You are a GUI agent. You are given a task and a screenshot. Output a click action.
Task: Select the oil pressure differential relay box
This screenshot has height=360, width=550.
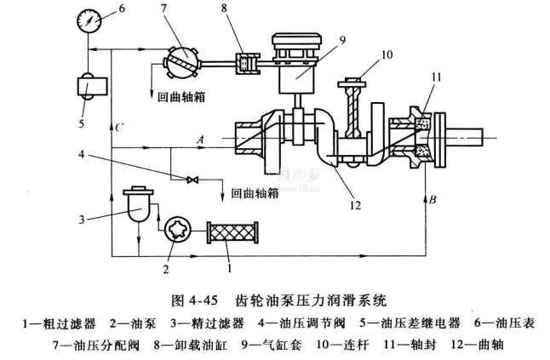(x=88, y=87)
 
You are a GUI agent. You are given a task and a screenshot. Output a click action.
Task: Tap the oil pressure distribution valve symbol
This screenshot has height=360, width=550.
(x=181, y=60)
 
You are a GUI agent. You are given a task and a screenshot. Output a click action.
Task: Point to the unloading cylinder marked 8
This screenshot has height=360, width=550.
(x=246, y=63)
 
